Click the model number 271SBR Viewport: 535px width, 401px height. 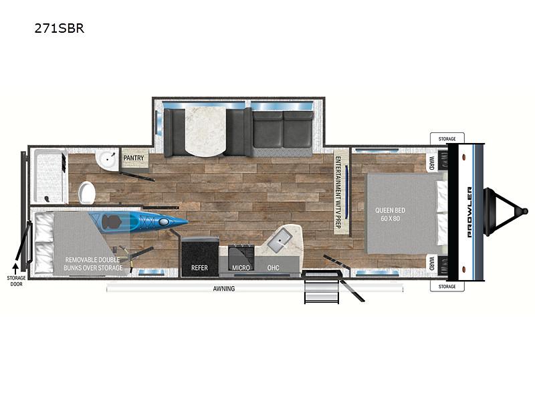pos(59,28)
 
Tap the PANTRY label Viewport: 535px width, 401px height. pos(133,158)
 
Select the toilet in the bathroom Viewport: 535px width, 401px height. pos(87,192)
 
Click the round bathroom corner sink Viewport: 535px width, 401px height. pos(108,160)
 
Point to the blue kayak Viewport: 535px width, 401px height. pos(138,222)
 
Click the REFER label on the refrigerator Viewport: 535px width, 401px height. pos(199,268)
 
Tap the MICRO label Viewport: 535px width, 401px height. pos(241,268)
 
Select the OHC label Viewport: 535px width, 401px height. pos(273,268)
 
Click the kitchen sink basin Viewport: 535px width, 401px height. pos(280,241)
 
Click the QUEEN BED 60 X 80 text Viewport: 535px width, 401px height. pos(391,214)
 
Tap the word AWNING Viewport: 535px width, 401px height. pos(224,289)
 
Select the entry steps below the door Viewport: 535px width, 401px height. pos(322,287)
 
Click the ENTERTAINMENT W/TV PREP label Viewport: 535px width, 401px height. pos(338,192)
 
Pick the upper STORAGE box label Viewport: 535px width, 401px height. pos(447,139)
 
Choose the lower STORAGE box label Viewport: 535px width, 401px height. pos(447,287)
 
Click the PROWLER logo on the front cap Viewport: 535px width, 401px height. pos(469,212)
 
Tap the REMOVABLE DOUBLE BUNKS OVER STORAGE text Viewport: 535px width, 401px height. pos(93,264)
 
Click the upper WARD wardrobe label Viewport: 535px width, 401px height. pos(431,163)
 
